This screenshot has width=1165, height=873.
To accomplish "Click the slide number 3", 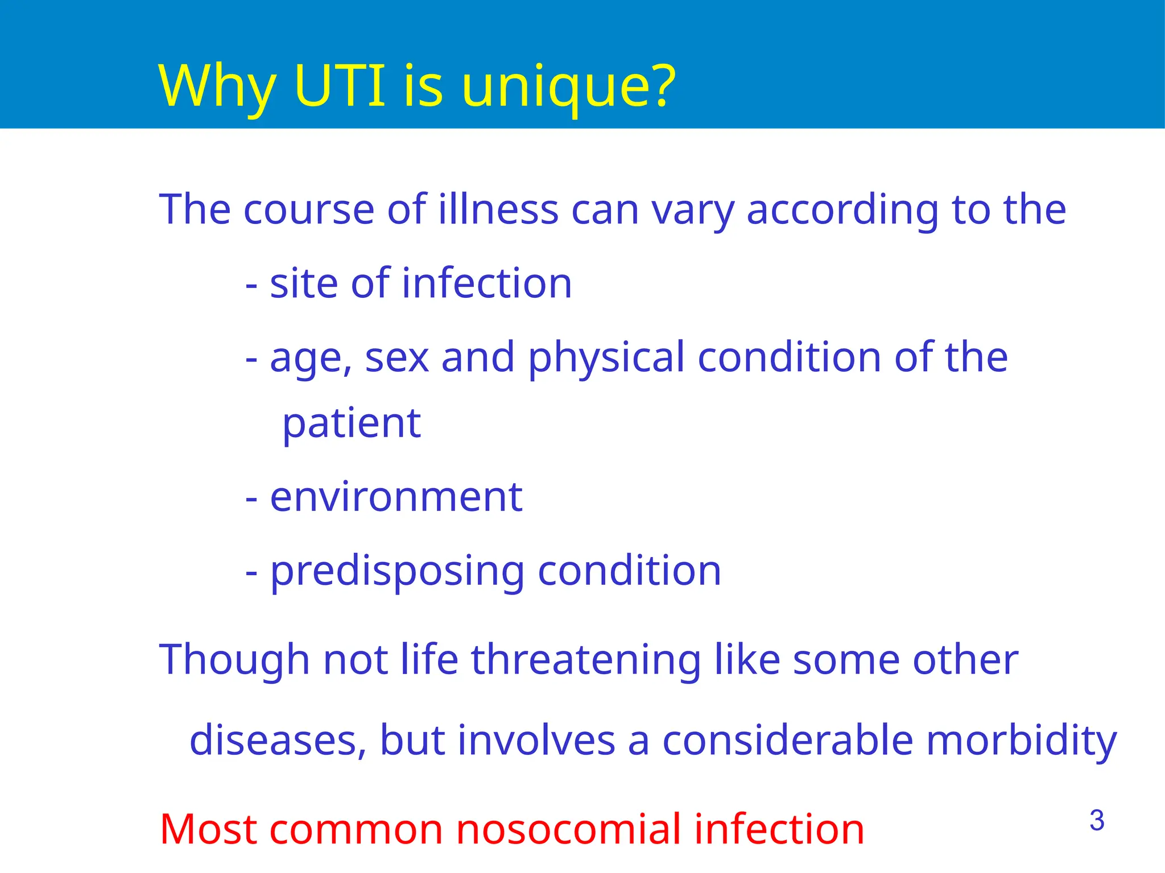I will pos(1097,821).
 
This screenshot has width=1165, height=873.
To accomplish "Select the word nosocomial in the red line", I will pos(569,829).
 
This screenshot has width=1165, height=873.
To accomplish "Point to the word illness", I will pos(498,209).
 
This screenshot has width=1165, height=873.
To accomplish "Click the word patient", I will pos(352,424).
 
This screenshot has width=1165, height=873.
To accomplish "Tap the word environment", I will pos(396,497).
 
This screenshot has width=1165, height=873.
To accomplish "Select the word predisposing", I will pos(397,572).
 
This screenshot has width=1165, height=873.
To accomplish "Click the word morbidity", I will pos(1022,741).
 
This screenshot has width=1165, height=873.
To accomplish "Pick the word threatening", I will pos(586,660).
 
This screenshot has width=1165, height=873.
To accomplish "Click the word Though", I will pos(234,660).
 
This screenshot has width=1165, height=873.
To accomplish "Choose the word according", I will pos(842,210).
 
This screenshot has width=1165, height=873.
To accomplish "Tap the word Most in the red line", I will pos(208,829).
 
